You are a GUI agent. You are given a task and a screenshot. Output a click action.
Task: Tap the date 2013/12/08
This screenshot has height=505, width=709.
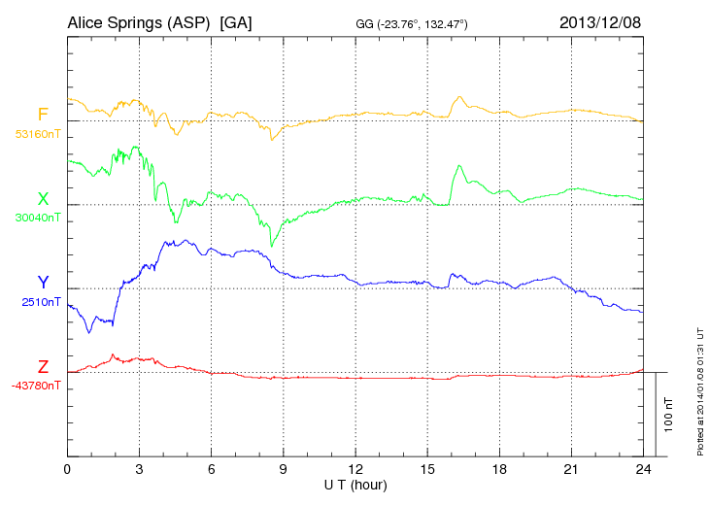[x=600, y=22]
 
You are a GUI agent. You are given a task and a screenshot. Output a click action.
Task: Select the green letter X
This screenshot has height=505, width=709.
[x=43, y=198]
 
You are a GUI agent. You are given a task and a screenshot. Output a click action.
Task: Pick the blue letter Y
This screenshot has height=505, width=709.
[x=43, y=283]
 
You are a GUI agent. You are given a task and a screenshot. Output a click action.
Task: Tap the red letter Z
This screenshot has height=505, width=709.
[x=43, y=367]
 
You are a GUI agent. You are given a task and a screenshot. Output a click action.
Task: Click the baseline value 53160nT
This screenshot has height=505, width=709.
[x=37, y=134]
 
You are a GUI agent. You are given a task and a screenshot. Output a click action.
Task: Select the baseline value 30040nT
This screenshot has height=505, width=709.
[x=37, y=218]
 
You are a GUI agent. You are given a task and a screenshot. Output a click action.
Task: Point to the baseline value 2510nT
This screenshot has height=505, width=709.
[x=40, y=301]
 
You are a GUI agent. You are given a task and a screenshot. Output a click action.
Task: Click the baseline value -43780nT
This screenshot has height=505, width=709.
[x=37, y=386]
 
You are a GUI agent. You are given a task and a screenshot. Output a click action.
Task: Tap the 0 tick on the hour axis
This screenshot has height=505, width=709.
[x=67, y=469]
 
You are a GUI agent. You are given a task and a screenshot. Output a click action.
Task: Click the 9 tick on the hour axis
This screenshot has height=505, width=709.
[x=284, y=469]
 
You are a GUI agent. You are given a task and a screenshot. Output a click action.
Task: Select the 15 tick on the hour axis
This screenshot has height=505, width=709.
[x=427, y=469]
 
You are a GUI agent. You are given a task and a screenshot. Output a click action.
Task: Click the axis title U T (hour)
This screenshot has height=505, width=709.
[x=355, y=484]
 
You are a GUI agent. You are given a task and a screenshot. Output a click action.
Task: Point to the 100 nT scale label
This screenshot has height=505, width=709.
[x=669, y=414]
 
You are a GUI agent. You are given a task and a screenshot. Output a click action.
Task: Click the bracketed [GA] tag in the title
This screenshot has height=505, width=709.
[x=236, y=22]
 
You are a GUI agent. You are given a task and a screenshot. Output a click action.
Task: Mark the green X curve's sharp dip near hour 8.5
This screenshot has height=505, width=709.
[x=271, y=245]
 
